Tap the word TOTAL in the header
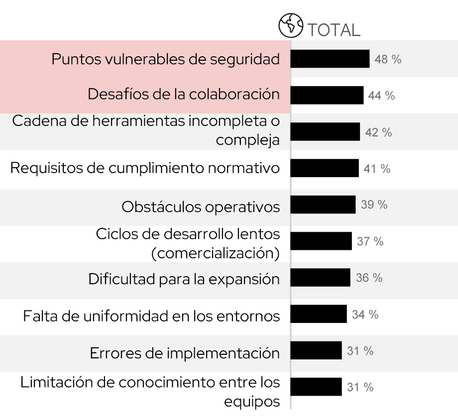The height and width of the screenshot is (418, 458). [x=333, y=29]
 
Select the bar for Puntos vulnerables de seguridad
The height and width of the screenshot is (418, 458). [x=330, y=59]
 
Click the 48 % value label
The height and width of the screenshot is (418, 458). [x=388, y=59]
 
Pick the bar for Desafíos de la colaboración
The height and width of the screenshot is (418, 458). [x=327, y=95]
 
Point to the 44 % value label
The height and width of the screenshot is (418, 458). [x=381, y=96]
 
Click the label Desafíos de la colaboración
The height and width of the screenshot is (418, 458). [x=184, y=94]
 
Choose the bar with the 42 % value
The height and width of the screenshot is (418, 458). [x=325, y=132]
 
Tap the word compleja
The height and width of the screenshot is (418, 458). [x=247, y=140]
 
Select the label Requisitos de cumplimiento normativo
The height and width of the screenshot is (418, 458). [x=145, y=168]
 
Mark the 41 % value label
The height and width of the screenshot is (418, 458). [x=377, y=169]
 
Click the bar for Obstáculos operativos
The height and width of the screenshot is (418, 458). [x=323, y=205]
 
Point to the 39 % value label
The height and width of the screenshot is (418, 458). [x=374, y=205]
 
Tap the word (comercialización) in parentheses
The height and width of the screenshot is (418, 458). [x=215, y=253]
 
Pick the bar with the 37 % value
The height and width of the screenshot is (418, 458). [x=321, y=241]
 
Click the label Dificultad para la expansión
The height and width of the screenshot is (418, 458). [x=184, y=279]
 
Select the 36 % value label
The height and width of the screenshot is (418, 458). [x=369, y=278]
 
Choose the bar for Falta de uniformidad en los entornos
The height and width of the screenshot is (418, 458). [x=318, y=314]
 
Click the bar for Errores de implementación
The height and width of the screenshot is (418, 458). [x=316, y=351]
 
